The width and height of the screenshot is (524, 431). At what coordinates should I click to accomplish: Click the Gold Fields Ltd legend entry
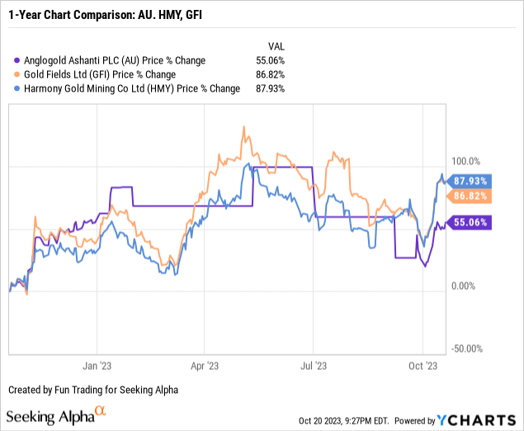point(106,74)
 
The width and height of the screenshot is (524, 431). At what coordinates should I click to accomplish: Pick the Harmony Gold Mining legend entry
point(128,88)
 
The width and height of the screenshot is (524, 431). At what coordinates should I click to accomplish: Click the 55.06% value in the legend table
point(270,60)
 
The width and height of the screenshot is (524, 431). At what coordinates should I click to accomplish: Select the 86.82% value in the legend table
point(270,74)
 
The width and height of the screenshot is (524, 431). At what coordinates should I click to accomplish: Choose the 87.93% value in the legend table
point(270,88)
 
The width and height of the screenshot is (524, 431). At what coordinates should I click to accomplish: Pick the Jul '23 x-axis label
point(314,364)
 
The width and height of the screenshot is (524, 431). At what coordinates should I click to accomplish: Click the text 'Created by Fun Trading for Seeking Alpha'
point(92,389)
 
